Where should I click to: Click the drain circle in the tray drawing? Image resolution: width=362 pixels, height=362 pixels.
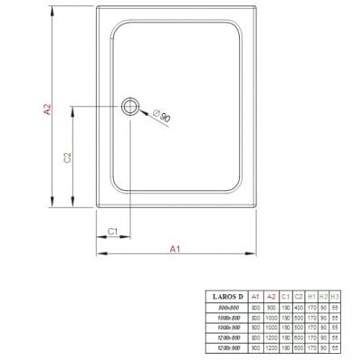tap(133, 108)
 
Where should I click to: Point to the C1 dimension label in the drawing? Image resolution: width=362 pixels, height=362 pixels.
tap(113, 232)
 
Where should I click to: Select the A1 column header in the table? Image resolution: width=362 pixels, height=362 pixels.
tap(255, 296)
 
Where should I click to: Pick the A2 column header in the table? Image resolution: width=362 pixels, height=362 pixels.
tap(271, 296)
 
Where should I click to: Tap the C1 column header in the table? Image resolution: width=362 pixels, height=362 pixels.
tap(286, 296)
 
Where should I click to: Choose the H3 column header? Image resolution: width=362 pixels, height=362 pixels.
tap(336, 296)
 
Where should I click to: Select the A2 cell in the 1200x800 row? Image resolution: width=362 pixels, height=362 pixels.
tap(271, 338)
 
